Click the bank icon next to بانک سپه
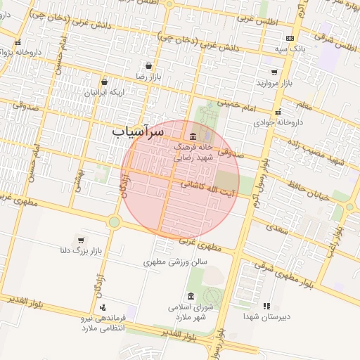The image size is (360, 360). tap(290, 39)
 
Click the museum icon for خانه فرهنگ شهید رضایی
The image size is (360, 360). tap(193, 136)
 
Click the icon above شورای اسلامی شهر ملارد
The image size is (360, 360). tap(191, 295)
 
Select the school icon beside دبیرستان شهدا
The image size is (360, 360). tap(266, 306)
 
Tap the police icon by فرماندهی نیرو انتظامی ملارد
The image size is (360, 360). tap(103, 307)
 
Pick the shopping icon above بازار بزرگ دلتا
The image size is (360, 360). tap(81, 240)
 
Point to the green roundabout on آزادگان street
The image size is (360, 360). tap(114, 222)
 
